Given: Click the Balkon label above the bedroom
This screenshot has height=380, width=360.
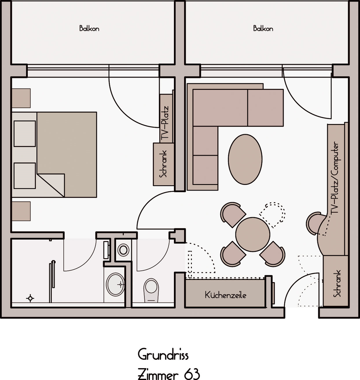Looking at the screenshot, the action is click(89, 29).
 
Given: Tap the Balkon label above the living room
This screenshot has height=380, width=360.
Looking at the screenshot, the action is click(263, 29).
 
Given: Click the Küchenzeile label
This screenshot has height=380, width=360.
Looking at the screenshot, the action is click(225, 295).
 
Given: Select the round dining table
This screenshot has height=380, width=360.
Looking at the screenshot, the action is click(253, 234).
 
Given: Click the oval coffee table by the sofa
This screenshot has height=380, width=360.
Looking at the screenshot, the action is click(245, 159).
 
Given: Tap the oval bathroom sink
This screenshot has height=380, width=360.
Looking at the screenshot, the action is click(116, 285).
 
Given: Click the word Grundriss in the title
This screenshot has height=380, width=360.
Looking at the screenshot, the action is click(163, 355).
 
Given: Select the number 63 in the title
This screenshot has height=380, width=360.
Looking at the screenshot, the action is click(192, 374).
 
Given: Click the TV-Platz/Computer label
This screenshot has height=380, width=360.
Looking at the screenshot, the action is click(335, 178).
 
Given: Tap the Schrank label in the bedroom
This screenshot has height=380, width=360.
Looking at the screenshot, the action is click(163, 164).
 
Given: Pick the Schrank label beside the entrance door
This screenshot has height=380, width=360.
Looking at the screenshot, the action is click(337, 283).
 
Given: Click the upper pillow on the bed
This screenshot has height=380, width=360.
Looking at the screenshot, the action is click(25, 134).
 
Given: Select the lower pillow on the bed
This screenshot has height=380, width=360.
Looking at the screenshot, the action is click(25, 176).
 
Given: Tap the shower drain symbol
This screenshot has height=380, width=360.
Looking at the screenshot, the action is click(30, 298).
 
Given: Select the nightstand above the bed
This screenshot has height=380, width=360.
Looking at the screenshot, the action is click(21, 98).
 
